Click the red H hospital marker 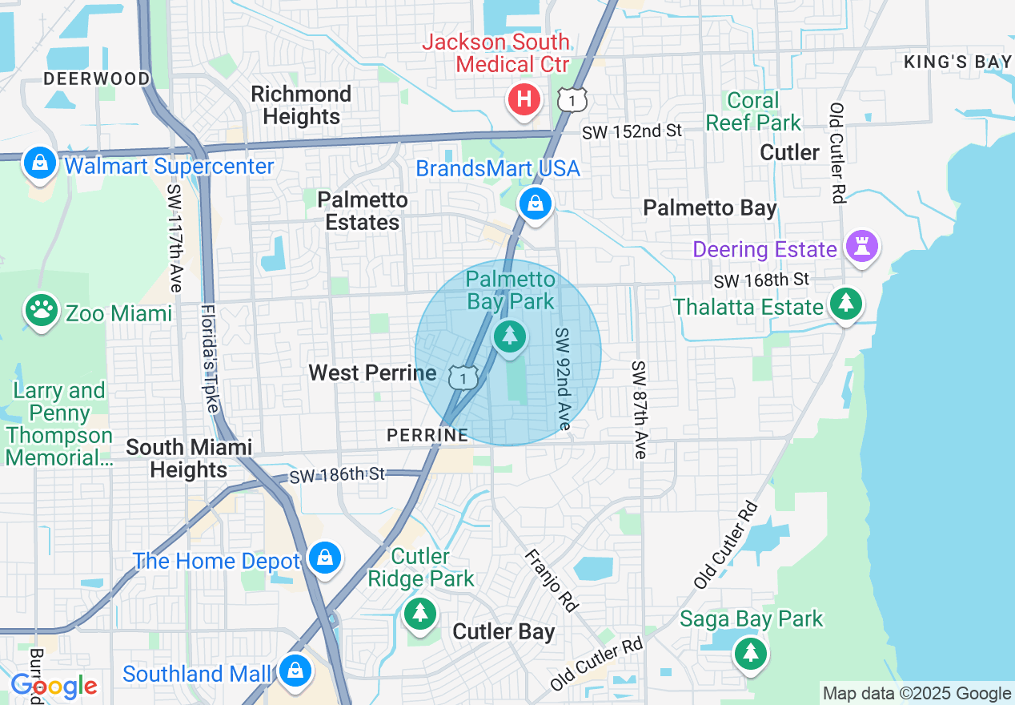[x=524, y=100]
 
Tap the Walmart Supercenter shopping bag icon [x=39, y=163]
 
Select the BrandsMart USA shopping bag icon [x=535, y=203]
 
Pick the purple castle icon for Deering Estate [x=865, y=247]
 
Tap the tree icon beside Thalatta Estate [x=845, y=304]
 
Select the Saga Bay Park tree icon [x=750, y=653]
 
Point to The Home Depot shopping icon [x=325, y=558]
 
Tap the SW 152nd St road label [x=632, y=131]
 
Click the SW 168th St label [x=761, y=280]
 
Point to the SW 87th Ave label [x=638, y=410]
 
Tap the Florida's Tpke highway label [x=211, y=358]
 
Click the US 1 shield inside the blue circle [x=463, y=376]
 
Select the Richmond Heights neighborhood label [x=301, y=105]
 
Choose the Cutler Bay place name [x=503, y=631]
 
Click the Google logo [x=54, y=687]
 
